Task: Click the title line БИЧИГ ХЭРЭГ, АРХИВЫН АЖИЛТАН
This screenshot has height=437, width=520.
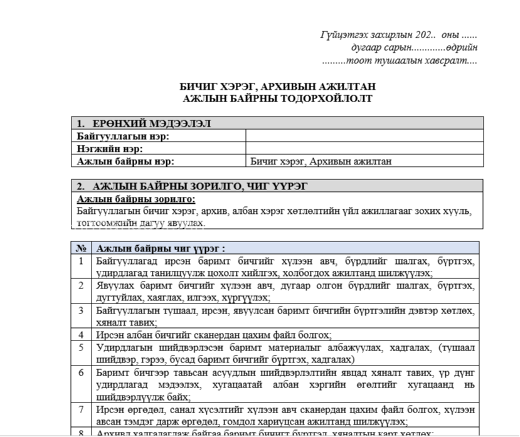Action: tap(278, 87)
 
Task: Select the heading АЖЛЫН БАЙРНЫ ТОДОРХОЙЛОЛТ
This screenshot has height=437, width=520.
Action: tap(278, 98)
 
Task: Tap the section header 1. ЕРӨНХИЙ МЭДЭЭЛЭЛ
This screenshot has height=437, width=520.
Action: tap(144, 124)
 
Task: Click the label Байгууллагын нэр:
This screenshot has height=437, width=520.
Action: tap(123, 136)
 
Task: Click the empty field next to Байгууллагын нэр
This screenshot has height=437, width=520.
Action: tap(364, 136)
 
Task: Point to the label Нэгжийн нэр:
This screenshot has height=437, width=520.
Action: tap(110, 149)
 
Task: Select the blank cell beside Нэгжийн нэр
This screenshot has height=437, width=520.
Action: tap(364, 149)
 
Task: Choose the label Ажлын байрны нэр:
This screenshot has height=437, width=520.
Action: tap(125, 161)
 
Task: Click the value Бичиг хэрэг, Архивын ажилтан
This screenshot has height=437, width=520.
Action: tap(321, 161)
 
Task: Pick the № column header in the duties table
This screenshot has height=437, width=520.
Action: tap(81, 248)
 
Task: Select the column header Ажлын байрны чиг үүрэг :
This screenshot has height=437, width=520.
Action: tap(161, 248)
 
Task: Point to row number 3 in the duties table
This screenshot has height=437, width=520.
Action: tap(81, 310)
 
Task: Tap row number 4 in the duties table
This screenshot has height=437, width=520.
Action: tap(81, 335)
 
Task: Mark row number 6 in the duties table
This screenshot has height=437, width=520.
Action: tap(81, 372)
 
